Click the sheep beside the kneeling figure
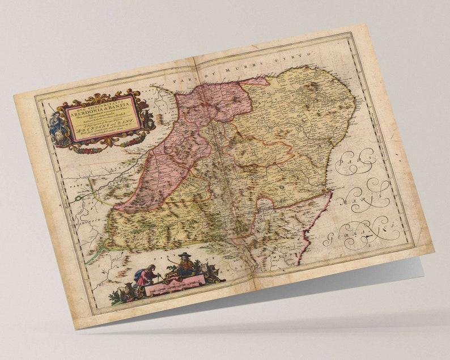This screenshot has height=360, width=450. pyautogui.click(x=125, y=291)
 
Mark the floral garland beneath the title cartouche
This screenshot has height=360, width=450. pyautogui.click(x=103, y=147)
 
